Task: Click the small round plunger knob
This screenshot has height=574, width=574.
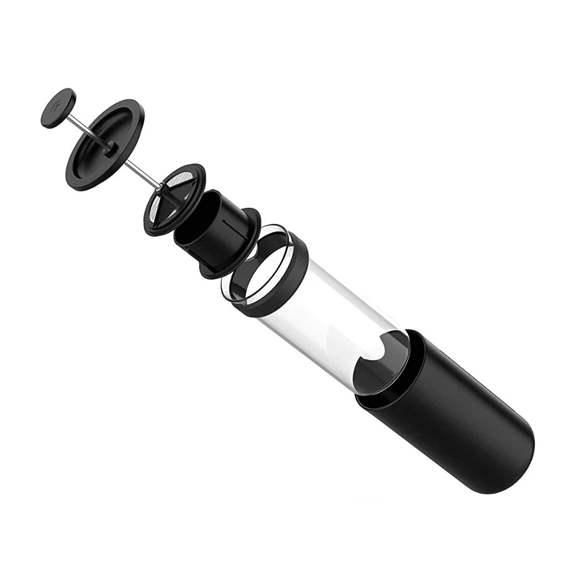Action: pyautogui.click(x=59, y=108)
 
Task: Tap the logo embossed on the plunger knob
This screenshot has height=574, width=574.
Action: pyautogui.click(x=57, y=107)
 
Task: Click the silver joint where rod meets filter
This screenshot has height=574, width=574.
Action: pyautogui.click(x=160, y=187)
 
